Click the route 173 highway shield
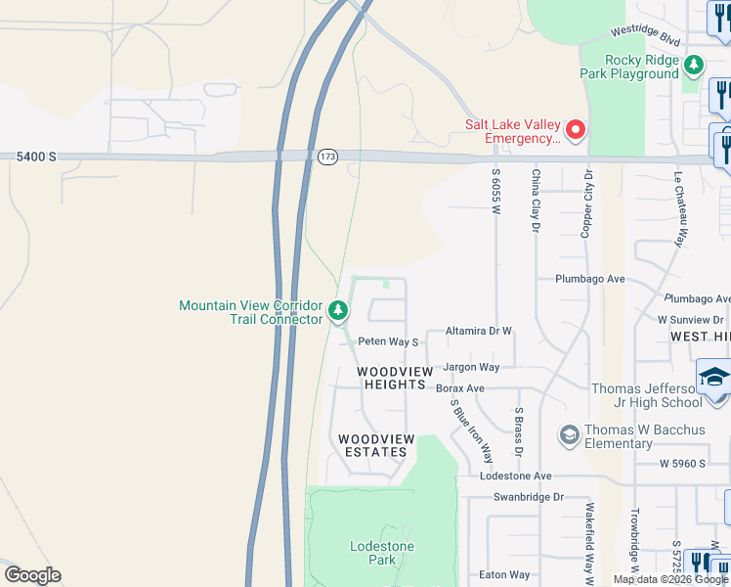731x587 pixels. [327, 157]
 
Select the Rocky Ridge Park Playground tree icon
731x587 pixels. [693, 67]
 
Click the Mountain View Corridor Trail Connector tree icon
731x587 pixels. [338, 312]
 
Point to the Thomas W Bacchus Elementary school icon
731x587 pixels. [569, 432]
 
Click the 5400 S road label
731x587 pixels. [36, 157]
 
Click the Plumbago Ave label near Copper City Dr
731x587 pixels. [589, 279]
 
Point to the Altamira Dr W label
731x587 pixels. [478, 332]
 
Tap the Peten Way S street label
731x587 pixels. [388, 341]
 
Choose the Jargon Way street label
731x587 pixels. [471, 367]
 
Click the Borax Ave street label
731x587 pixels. [460, 388]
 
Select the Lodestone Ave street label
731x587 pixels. [516, 476]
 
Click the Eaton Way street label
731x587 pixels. [504, 574]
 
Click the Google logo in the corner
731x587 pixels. [32, 575]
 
